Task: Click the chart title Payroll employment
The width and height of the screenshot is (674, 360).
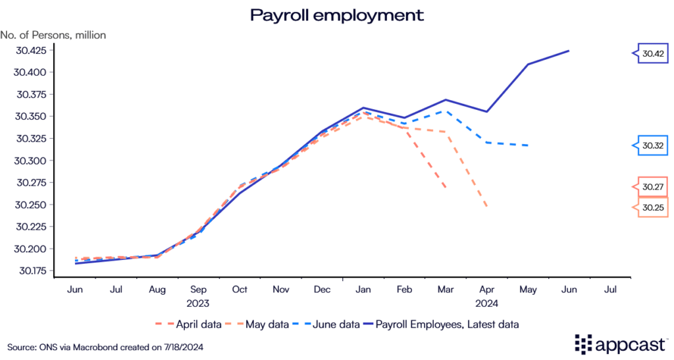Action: point(336,14)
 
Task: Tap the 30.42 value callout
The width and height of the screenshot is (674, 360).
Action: point(652,53)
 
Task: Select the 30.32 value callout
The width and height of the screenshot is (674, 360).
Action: point(652,145)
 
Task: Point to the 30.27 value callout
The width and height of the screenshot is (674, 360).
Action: point(652,187)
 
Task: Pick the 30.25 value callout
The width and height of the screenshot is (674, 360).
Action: point(652,208)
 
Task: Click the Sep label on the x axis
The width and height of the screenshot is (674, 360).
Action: point(199,289)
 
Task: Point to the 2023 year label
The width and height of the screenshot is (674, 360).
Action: point(199,303)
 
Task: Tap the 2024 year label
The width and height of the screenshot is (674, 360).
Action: point(486,303)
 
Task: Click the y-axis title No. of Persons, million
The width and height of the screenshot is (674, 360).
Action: point(53,34)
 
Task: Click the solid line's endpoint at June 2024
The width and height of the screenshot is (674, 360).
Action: point(569,51)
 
